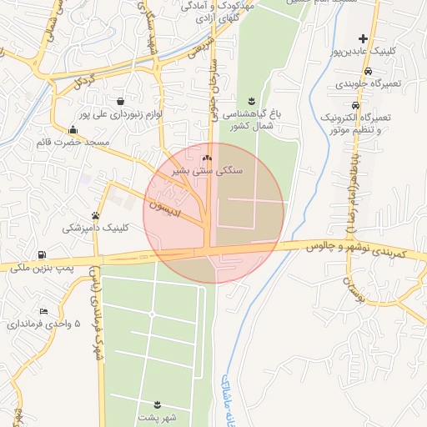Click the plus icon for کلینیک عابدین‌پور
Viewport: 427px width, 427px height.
[x=363, y=38]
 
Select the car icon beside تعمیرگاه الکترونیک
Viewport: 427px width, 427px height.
[x=356, y=106]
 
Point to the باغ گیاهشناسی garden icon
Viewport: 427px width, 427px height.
[x=252, y=100]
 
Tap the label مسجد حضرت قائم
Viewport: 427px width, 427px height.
[x=73, y=143]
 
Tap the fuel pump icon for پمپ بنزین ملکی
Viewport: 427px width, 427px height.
[x=42, y=254]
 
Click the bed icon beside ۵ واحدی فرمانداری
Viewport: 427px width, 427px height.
[x=43, y=310]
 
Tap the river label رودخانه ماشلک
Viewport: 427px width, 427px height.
[x=229, y=400]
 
